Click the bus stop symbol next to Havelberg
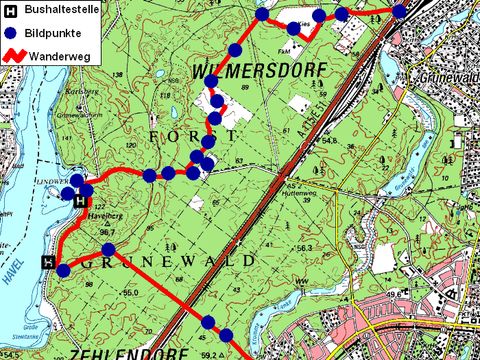pos(81,201)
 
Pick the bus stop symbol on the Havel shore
pos(47,262)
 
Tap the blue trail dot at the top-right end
pos(400,11)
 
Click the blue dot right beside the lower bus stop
pos(63,270)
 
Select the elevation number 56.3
pos(305,247)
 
